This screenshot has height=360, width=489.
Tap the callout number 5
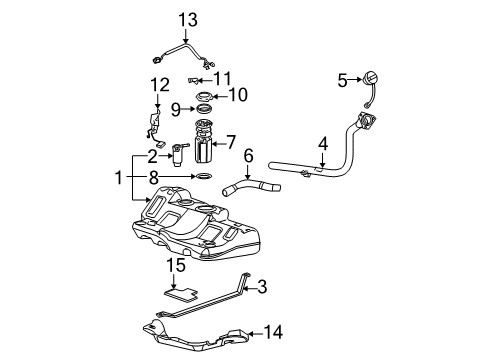pyautogui.click(x=342, y=79)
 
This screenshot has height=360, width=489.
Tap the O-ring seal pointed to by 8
pyautogui.click(x=203, y=176)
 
